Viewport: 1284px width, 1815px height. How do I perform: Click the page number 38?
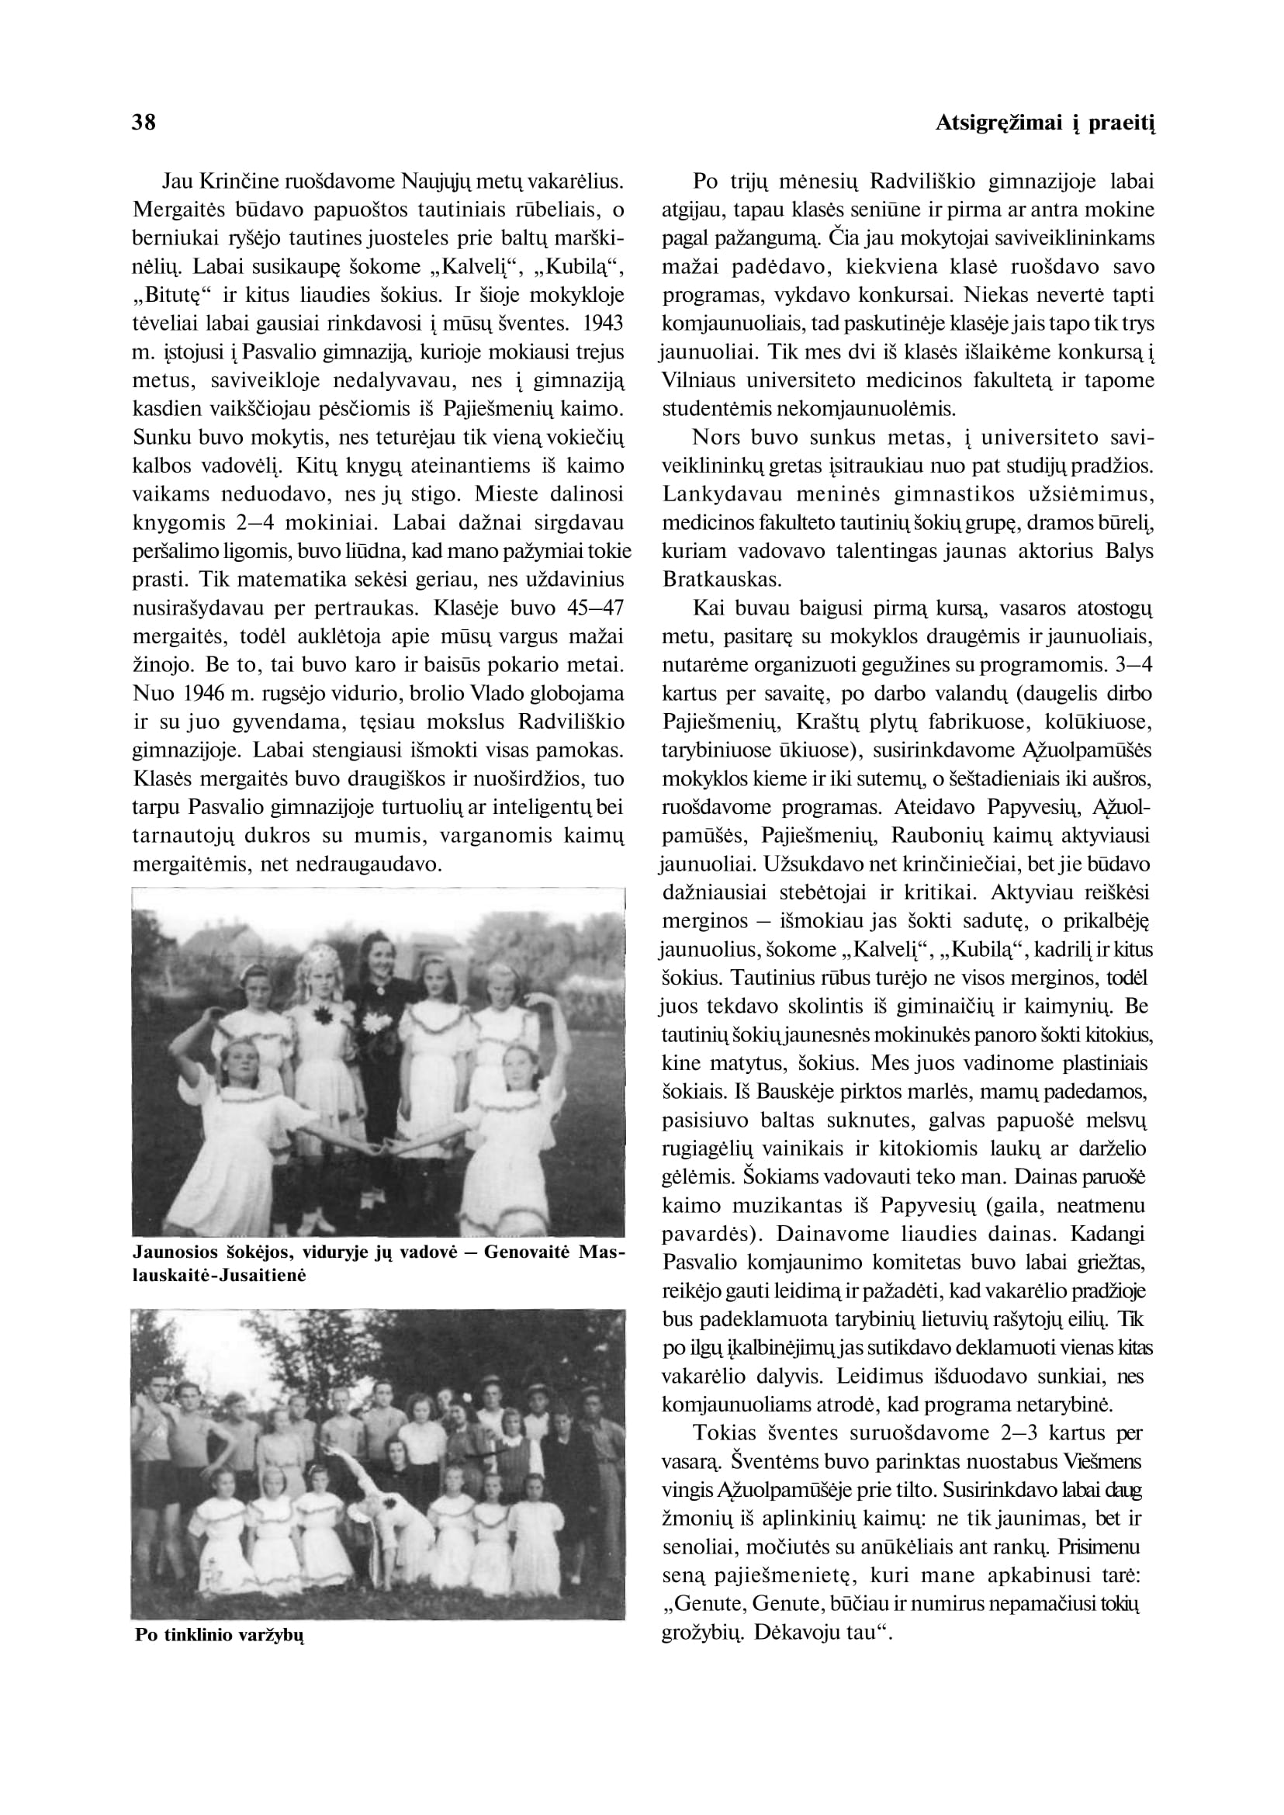(x=143, y=123)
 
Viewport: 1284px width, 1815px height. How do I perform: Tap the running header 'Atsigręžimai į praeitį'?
(x=1044, y=123)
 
